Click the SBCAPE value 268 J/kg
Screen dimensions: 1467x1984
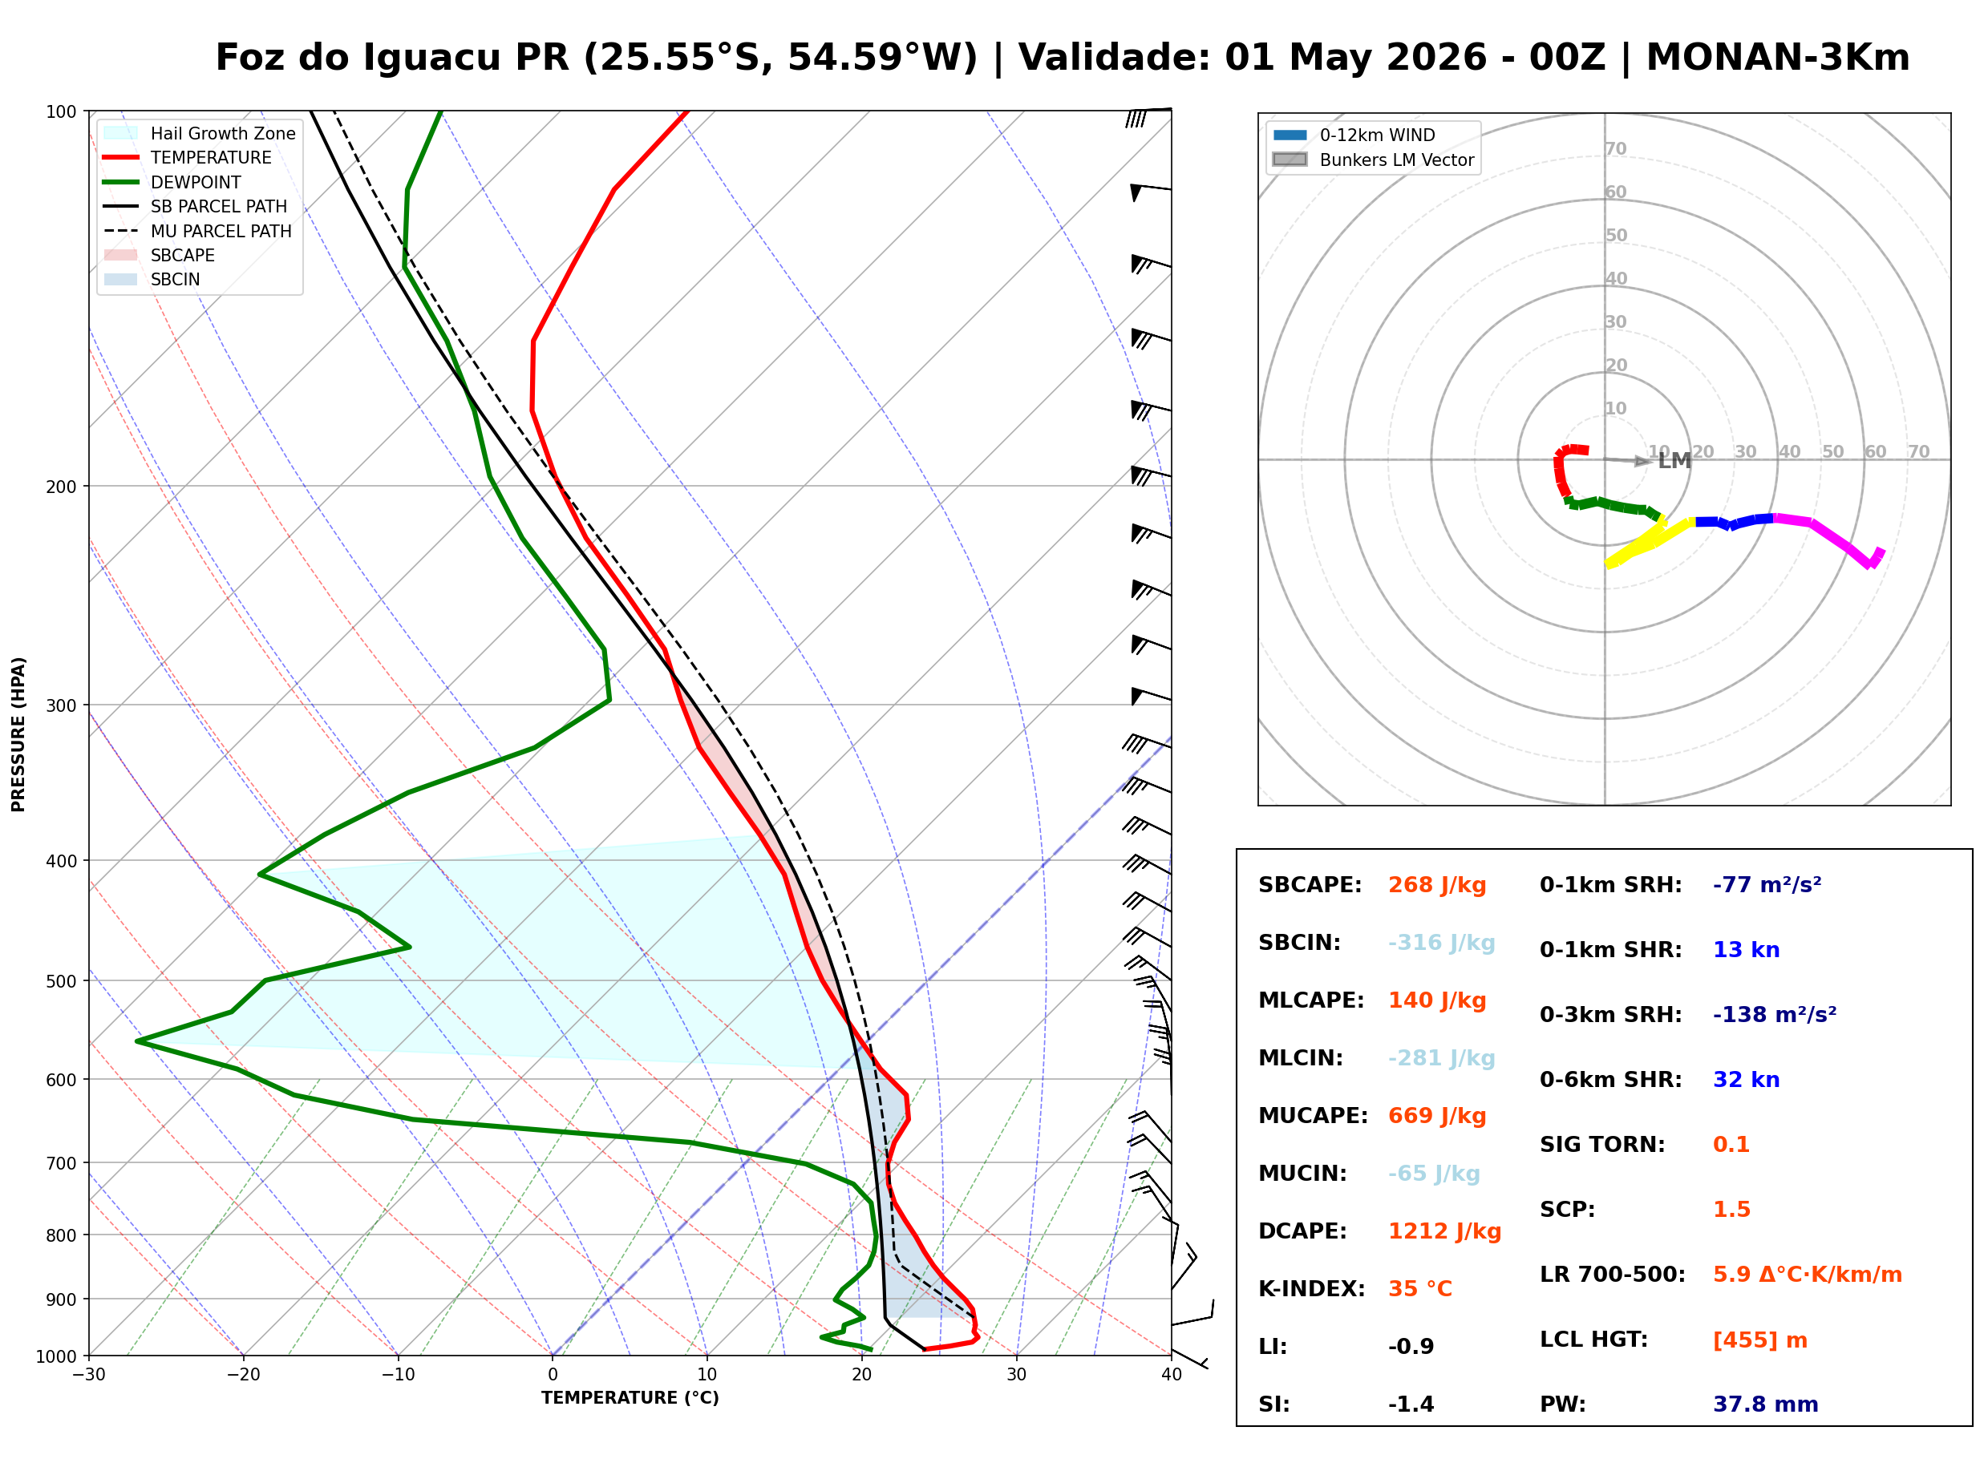[x=1436, y=885]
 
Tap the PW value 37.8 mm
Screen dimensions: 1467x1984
[x=1764, y=1404]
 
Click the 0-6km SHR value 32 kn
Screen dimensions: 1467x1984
[x=1746, y=1080]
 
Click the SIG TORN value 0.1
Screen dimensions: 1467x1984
[x=1731, y=1145]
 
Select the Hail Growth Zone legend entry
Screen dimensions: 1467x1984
[x=222, y=133]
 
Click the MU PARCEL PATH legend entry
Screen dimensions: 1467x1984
[x=221, y=231]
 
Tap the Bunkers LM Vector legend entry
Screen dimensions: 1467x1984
[x=1396, y=160]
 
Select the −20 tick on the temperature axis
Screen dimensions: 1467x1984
[x=242, y=1375]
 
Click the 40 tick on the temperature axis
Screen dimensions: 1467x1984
[x=1171, y=1375]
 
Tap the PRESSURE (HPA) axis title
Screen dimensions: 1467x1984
[x=18, y=734]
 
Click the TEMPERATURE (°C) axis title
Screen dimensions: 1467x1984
[x=630, y=1398]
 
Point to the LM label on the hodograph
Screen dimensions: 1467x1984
[x=1674, y=461]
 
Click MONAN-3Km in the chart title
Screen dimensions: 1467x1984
[x=1777, y=58]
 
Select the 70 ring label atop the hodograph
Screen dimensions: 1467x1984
[x=1615, y=148]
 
